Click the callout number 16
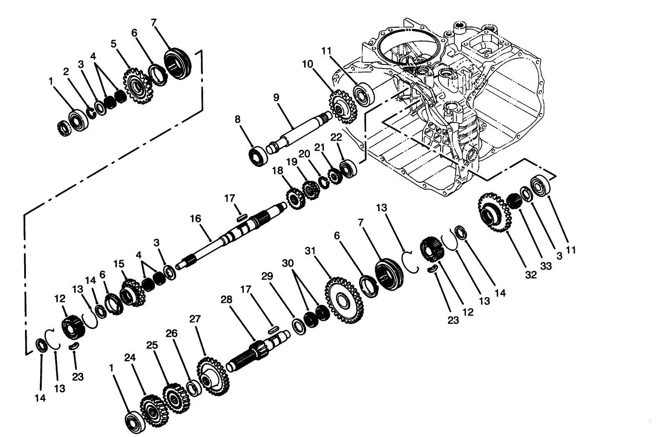pyautogui.click(x=195, y=219)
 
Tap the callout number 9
pyautogui.click(x=275, y=97)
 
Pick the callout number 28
pyautogui.click(x=226, y=300)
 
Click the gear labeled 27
pyautogui.click(x=212, y=377)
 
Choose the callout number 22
pyautogui.click(x=336, y=137)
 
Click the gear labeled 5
pyautogui.click(x=136, y=87)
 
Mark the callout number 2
pyautogui.click(x=66, y=71)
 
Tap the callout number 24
pyautogui.click(x=129, y=357)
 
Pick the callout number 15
pyautogui.click(x=119, y=264)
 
